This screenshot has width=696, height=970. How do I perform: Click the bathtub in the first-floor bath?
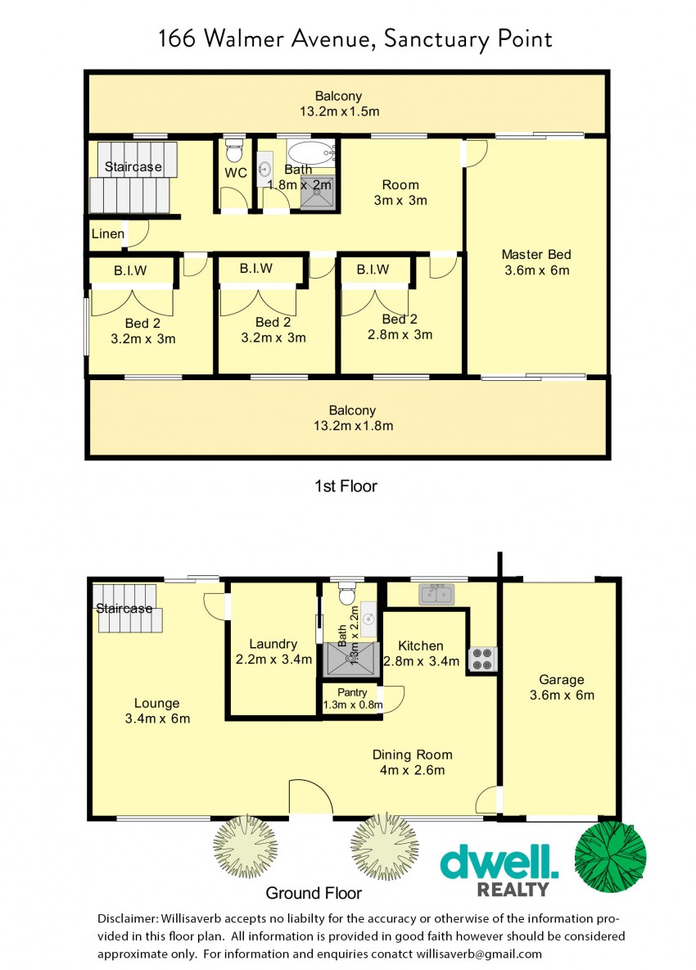point(311,152)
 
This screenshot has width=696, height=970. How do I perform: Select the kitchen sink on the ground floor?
point(436,594)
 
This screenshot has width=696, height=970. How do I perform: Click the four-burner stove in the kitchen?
point(481,658)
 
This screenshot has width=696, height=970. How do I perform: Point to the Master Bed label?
point(536,254)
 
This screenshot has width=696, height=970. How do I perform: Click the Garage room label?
point(561,679)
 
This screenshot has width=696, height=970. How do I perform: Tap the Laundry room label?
point(273,644)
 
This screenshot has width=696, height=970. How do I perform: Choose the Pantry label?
point(352,692)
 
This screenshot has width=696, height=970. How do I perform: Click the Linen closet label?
point(108,233)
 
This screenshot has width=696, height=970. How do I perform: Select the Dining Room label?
point(413,755)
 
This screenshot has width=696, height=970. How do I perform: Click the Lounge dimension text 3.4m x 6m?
point(157,718)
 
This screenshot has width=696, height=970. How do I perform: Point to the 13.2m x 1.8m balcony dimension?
point(353,426)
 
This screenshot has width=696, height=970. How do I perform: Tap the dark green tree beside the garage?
point(610,857)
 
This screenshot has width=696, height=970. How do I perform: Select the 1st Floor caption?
point(346,487)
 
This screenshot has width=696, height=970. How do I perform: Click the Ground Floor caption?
point(314,893)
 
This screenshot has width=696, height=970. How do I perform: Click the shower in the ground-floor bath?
point(350,659)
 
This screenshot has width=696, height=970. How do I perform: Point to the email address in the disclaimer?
point(479,954)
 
